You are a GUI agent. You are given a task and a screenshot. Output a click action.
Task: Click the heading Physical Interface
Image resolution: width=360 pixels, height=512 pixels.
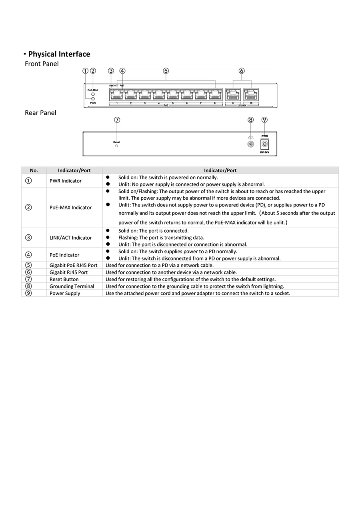tap(59, 54)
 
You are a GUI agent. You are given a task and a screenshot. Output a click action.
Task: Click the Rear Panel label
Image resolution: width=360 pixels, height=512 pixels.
tap(40, 113)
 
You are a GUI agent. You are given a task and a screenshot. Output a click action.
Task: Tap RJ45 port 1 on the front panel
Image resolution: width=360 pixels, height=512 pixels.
tap(116, 94)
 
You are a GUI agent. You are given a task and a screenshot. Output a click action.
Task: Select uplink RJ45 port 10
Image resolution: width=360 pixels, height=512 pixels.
tap(251, 94)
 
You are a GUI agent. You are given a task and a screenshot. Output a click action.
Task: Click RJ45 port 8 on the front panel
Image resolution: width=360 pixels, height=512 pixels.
tap(214, 94)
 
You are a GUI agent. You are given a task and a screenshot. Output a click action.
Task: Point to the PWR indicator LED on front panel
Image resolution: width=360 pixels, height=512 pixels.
tap(93, 98)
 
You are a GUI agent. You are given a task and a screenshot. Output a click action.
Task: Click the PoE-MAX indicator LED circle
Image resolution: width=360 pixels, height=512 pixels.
tap(93, 94)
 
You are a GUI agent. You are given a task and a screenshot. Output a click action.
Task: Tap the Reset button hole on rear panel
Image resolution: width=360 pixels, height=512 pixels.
tap(116, 146)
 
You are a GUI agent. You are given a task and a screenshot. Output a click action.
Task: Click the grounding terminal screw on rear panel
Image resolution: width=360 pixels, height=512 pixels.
tap(251, 144)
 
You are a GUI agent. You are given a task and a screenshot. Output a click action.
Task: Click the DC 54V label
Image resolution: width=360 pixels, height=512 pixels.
tap(264, 152)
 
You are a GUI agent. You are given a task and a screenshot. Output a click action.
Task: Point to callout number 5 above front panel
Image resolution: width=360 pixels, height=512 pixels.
tap(166, 71)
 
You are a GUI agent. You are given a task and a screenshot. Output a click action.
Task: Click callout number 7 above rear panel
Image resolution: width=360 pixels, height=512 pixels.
tap(117, 120)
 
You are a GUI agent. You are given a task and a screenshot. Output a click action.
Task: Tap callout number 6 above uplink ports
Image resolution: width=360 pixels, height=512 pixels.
tap(241, 71)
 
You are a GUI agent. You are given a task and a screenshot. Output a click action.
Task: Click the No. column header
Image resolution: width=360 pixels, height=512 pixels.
tap(34, 170)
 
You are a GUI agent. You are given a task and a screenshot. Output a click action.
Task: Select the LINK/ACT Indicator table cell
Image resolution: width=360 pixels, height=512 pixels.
tap(71, 238)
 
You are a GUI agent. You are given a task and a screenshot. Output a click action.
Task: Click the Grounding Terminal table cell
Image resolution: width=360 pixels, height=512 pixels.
tap(72, 286)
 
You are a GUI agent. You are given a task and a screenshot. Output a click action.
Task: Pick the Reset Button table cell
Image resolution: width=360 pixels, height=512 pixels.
tap(64, 279)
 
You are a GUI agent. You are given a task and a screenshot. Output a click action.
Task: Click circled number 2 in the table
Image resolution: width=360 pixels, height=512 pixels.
tap(28, 207)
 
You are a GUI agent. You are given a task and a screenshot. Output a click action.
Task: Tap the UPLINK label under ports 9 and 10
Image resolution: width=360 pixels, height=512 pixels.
tap(242, 105)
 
